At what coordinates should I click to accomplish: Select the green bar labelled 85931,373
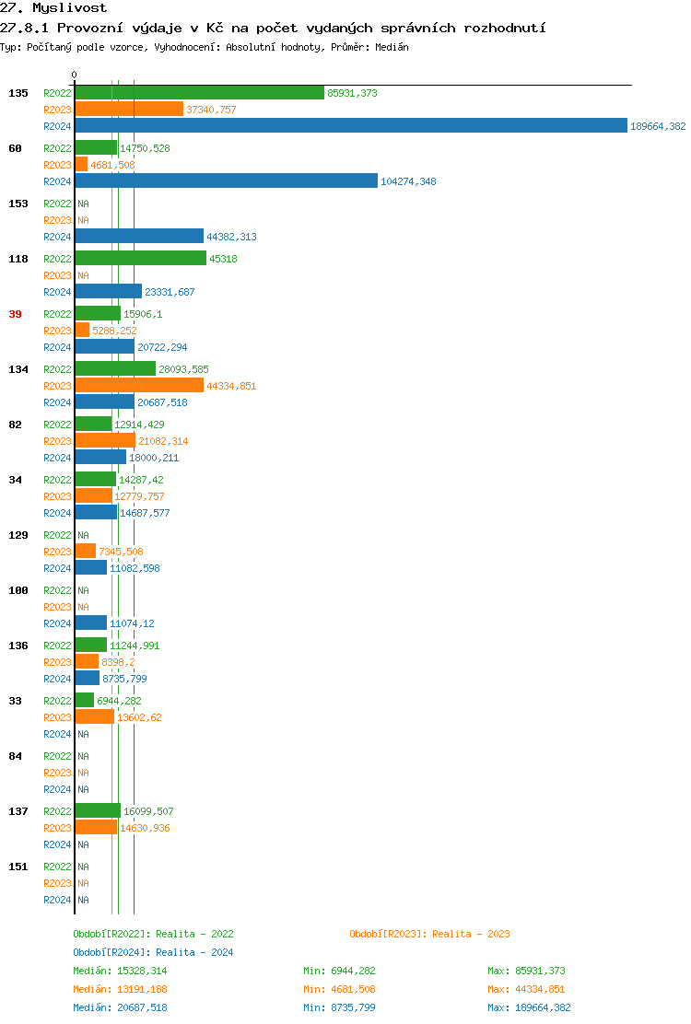(199, 93)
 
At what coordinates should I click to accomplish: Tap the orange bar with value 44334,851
(139, 386)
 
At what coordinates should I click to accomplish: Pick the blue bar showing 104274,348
(226, 181)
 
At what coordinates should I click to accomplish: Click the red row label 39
(15, 314)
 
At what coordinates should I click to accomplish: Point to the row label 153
(18, 204)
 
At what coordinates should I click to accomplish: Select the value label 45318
(223, 259)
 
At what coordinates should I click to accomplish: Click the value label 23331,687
(170, 292)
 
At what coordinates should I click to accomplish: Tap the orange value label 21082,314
(163, 441)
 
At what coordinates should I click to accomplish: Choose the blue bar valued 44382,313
(139, 237)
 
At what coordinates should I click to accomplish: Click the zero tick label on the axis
(75, 76)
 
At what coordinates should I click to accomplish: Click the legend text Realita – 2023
(471, 934)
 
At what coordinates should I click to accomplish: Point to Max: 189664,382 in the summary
(529, 1007)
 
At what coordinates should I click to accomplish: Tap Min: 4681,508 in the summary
(339, 989)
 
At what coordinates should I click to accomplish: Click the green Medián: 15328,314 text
(120, 971)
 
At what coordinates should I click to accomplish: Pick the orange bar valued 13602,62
(94, 717)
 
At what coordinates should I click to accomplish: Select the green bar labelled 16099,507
(98, 811)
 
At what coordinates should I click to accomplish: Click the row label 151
(18, 867)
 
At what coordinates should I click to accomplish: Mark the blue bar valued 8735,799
(87, 679)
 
